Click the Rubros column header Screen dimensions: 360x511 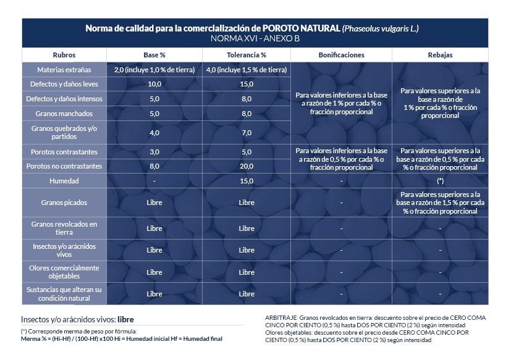tap(64, 55)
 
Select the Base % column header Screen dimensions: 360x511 tap(154, 55)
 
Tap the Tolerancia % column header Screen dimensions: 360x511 tap(247, 55)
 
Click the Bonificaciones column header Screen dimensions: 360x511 tap(341, 55)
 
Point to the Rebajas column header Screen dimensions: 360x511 tap(440, 55)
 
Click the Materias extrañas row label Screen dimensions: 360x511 tap(64, 70)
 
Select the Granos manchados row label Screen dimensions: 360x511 tap(64, 114)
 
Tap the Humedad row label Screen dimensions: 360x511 tap(64, 181)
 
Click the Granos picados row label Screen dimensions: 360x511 tap(64, 203)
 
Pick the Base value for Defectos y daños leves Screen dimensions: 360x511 tap(154, 84)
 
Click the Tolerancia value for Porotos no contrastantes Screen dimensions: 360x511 tap(247, 166)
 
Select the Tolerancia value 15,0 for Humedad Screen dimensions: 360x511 tap(247, 181)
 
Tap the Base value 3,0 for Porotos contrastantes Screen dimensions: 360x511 tap(154, 151)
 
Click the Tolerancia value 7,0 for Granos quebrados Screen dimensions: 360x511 tap(247, 132)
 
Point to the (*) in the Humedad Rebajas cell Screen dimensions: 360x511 tap(440, 181)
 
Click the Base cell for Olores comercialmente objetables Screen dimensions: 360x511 tap(154, 272)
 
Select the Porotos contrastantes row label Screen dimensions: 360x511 tap(64, 151)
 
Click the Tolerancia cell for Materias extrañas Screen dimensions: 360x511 tap(247, 70)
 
